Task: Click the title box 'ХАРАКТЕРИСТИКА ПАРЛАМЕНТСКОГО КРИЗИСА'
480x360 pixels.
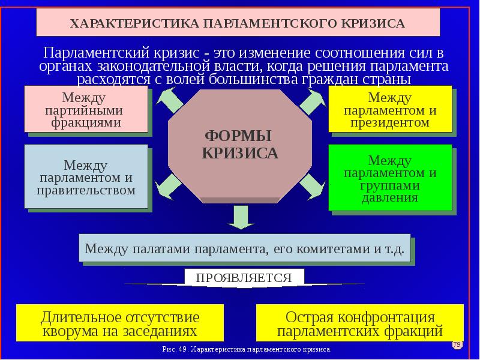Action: (x=238, y=23)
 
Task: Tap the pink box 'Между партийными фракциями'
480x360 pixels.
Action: (x=86, y=109)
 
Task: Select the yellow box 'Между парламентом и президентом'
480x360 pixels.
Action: (x=390, y=109)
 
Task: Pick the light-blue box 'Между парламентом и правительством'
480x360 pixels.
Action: (x=86, y=177)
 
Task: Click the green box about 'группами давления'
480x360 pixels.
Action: (x=390, y=178)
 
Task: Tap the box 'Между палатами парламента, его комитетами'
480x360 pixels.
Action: (x=245, y=247)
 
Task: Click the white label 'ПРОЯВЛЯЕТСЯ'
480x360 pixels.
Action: (x=244, y=278)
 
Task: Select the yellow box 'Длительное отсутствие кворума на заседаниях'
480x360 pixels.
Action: (x=119, y=323)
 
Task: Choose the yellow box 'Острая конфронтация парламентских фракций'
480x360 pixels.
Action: (x=360, y=323)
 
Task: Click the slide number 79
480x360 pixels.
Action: (x=457, y=344)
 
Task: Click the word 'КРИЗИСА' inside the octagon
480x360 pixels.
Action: (x=240, y=153)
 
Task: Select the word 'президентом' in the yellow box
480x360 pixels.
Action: (x=390, y=122)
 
